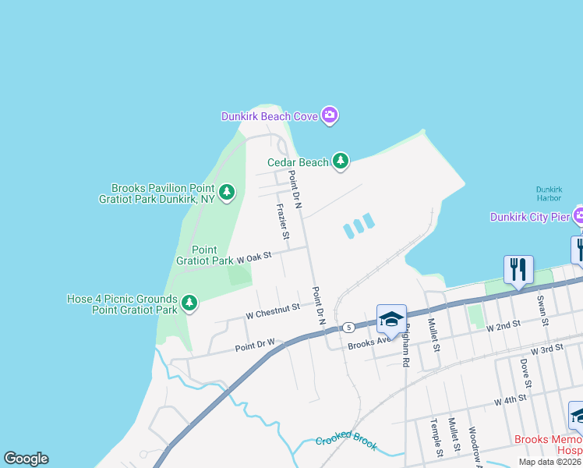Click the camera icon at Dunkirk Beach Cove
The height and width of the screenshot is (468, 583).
[x=330, y=116]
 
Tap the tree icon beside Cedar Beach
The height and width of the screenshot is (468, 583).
[x=340, y=161]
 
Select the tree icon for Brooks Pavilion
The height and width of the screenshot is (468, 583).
[x=226, y=192]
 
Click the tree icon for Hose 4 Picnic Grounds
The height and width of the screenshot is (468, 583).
[x=189, y=303]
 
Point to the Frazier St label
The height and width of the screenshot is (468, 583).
[x=284, y=222]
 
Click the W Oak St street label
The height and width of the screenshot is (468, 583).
[x=254, y=256]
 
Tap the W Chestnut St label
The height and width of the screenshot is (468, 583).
[x=272, y=310]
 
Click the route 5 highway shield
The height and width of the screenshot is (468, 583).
[x=347, y=326]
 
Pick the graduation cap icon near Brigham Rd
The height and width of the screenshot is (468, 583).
[x=391, y=318]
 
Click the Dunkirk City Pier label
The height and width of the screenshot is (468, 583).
[x=529, y=216]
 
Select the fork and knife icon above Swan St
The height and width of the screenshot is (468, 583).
[x=518, y=269]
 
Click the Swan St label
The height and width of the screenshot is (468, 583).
[x=540, y=310]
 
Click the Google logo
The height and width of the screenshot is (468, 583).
[x=26, y=459]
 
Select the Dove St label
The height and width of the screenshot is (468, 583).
[x=527, y=374]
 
